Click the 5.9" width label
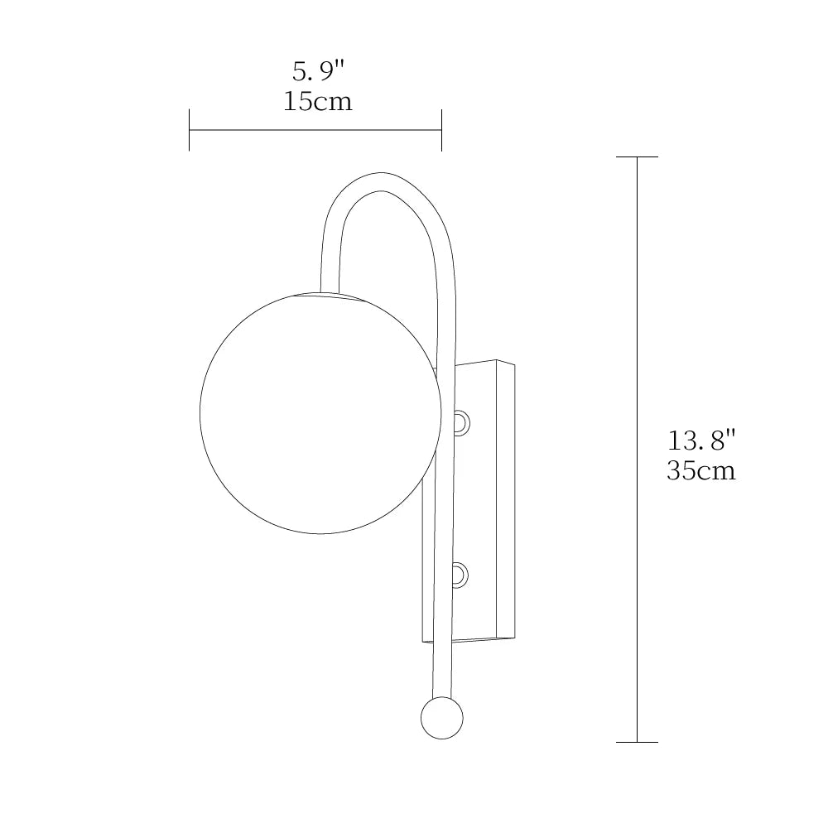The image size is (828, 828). pos(318,72)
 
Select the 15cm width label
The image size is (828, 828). pos(318,102)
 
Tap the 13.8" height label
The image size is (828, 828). pos(700,440)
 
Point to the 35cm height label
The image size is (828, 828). pos(700,471)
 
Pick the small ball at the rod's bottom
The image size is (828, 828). pos(441,717)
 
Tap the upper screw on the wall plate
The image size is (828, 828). pos(460,423)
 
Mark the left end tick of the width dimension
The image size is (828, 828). pos(190,130)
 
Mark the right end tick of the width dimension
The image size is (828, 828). pos(441,130)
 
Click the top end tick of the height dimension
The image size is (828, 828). pos(637,156)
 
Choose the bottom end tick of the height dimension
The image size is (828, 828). pos(637,742)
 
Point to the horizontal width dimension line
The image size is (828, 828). pos(315,130)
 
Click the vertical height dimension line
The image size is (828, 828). pos(637,331)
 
